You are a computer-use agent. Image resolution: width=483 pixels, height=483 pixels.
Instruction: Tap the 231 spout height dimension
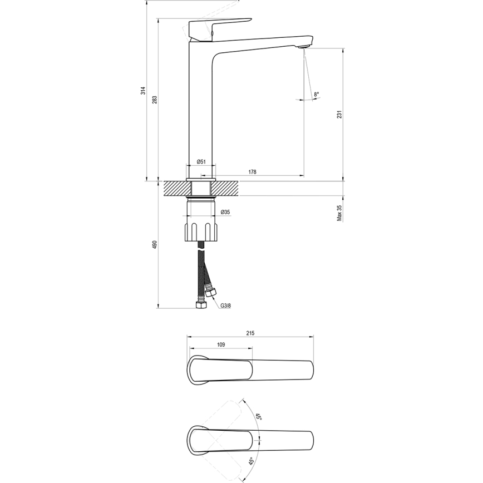339,114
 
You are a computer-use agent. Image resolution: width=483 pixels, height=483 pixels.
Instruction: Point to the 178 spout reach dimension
252,172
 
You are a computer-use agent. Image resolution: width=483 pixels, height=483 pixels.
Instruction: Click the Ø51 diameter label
201,162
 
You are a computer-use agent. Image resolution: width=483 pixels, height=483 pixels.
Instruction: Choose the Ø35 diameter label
225,212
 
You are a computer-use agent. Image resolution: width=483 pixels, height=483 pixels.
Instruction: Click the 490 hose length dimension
155,245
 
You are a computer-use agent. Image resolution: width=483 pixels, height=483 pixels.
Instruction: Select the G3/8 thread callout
225,305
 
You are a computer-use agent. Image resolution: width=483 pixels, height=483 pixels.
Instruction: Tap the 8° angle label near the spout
316,95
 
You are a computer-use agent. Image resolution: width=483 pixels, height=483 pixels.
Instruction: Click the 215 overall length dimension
250,333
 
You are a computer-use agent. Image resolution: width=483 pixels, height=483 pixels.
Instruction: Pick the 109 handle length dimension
220,345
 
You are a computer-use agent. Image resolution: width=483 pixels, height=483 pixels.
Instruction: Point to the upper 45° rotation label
259,417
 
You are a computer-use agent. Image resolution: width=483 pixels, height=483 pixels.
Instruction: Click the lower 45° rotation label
252,461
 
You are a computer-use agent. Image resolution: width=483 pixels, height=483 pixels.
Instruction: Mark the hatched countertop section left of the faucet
174,188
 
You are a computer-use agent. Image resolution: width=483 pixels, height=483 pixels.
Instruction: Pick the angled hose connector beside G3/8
211,293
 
